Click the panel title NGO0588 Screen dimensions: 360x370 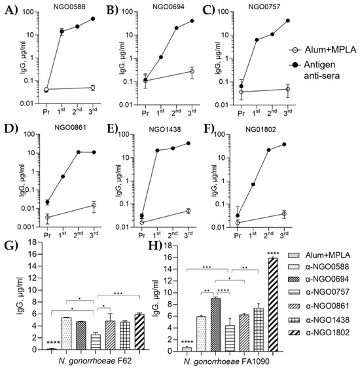[69, 7]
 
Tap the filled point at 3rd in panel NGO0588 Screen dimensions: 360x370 [93, 18]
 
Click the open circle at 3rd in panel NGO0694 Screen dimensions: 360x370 [192, 71]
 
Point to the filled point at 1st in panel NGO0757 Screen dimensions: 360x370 [257, 40]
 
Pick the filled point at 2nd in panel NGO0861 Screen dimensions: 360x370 [79, 152]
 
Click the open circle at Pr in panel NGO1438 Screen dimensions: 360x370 [142, 223]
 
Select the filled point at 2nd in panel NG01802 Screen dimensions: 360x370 [269, 150]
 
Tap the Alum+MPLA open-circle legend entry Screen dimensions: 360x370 [323, 50]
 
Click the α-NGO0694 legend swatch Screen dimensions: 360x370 [294, 280]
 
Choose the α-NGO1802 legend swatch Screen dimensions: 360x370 [294, 333]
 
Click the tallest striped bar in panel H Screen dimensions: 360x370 [273, 305]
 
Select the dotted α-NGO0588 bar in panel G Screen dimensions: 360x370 [66, 333]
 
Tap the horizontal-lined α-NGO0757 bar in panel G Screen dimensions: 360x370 [96, 342]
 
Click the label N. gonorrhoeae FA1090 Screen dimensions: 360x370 [226, 361]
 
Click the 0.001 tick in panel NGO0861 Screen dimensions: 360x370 [27, 227]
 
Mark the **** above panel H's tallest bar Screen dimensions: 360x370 [273, 253]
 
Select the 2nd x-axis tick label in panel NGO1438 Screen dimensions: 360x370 [173, 235]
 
